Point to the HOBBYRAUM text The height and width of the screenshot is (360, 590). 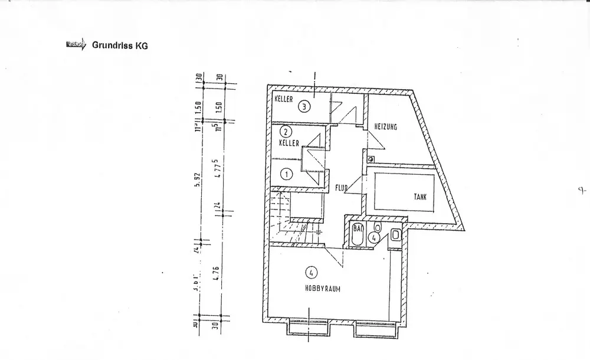[323, 289]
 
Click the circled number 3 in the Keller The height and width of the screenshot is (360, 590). [303, 107]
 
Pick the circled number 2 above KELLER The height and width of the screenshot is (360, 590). [286, 132]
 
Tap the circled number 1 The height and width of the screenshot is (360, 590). [286, 174]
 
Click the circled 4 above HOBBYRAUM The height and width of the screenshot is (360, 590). [310, 272]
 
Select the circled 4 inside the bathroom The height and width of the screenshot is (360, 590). [373, 237]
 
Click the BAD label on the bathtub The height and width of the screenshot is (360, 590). [358, 227]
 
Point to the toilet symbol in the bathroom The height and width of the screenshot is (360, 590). [378, 228]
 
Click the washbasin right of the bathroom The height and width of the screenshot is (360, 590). [396, 235]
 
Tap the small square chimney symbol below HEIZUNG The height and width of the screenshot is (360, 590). [370, 159]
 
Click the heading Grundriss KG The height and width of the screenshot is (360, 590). [116, 45]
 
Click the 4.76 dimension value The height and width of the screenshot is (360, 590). [217, 276]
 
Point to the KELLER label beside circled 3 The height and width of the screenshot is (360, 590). [284, 100]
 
